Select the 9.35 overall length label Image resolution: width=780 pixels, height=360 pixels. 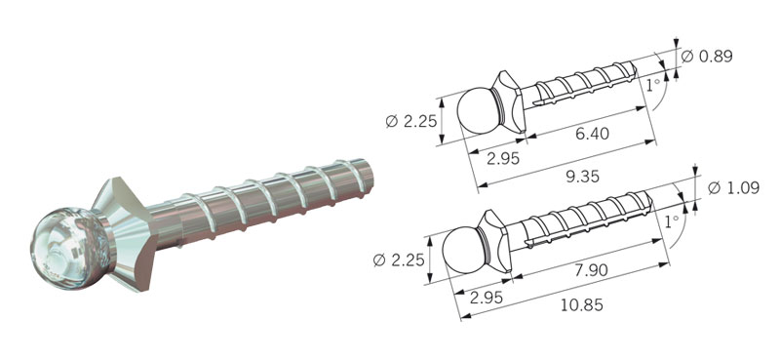pos(582,177)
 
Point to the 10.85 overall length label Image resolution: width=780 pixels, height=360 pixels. pos(582,304)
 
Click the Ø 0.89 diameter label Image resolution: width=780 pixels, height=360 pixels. pos(706,57)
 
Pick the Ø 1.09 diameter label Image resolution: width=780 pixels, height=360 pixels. pos(733,188)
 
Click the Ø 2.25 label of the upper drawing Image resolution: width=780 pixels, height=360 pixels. pos(411,121)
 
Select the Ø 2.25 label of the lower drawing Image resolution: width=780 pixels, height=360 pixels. pos(399,260)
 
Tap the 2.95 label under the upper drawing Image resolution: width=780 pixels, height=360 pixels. pos(503,158)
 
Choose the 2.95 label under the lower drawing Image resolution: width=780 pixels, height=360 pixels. pos(486,298)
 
